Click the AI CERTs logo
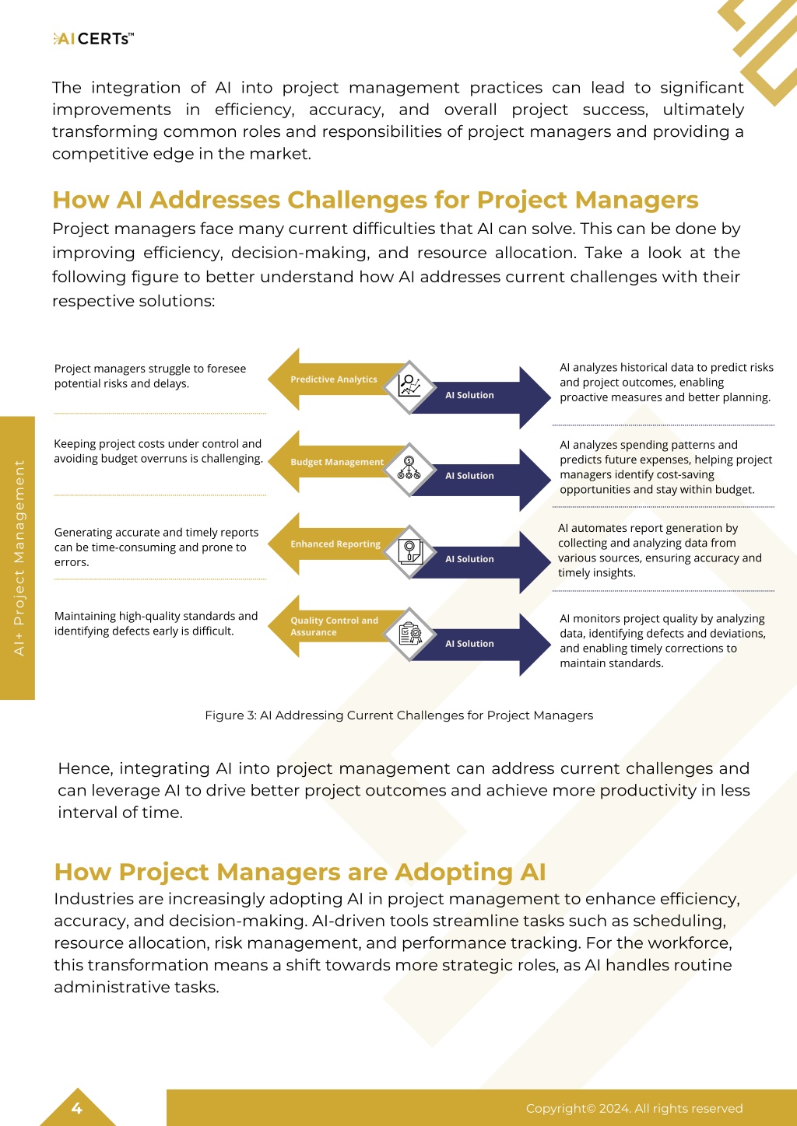pos(93,39)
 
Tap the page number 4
pos(76,1108)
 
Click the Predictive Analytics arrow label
pos(334,379)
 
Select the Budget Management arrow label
pos(337,461)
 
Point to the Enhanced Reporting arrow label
pos(335,544)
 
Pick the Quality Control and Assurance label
pos(334,626)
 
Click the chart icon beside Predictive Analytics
pos(409,386)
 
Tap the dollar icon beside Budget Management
pos(409,468)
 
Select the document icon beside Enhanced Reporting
pos(409,551)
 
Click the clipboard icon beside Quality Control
pos(409,633)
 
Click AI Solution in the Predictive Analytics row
pos(469,395)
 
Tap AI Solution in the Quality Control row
pos(469,643)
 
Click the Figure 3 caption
pos(399,715)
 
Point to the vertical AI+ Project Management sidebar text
pos(19,558)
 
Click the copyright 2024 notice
pos(634,1108)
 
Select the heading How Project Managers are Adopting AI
pos(300,872)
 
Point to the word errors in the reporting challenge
pos(72,562)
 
